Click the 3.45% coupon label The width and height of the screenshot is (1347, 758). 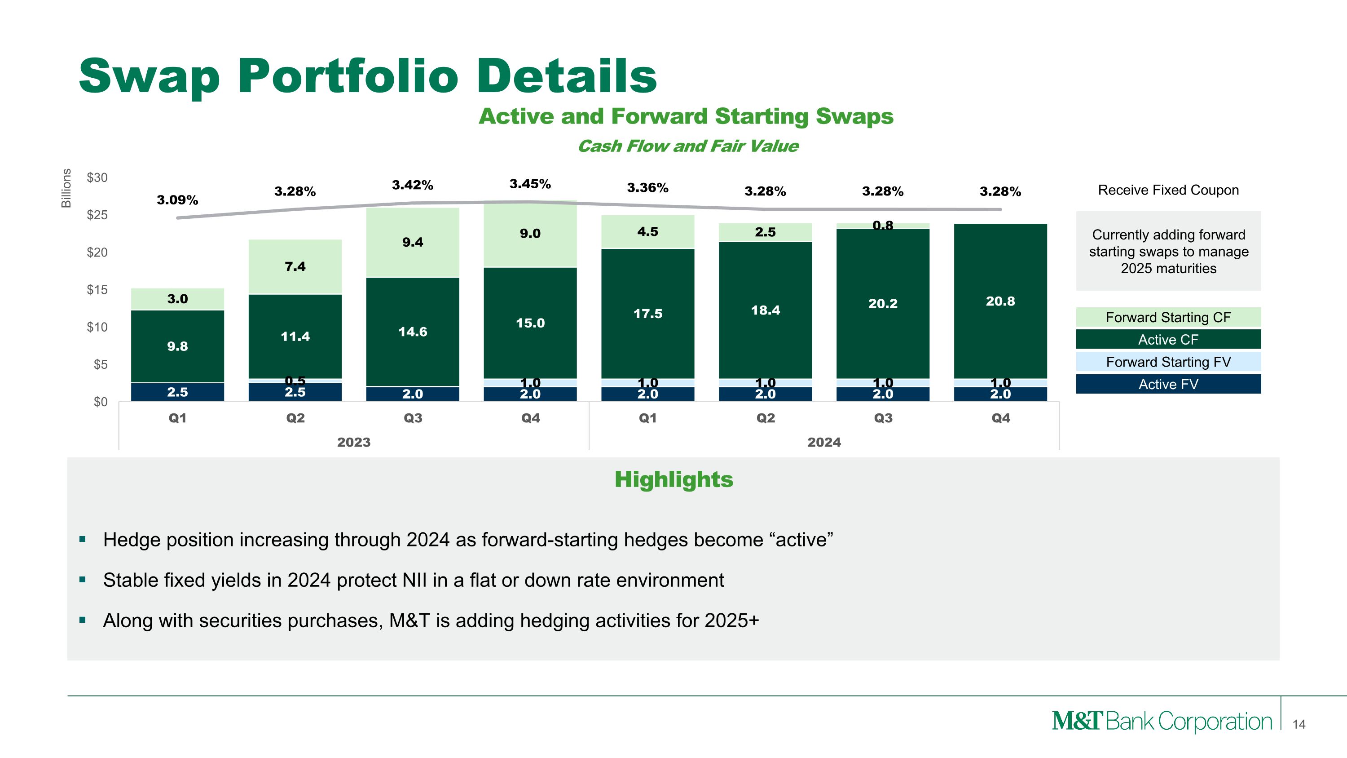pyautogui.click(x=530, y=184)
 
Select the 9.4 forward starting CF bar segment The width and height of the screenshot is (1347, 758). pyautogui.click(x=413, y=242)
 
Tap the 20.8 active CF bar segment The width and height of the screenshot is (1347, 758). pyautogui.click(x=1000, y=301)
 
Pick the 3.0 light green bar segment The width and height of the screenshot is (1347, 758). pyautogui.click(x=177, y=299)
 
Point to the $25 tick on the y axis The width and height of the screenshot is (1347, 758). pyautogui.click(x=97, y=215)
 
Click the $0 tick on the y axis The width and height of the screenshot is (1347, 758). pyautogui.click(x=101, y=402)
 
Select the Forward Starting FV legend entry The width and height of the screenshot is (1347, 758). pyautogui.click(x=1168, y=362)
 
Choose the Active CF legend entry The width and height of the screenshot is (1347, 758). pyautogui.click(x=1168, y=340)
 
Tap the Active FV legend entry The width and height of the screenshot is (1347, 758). pyautogui.click(x=1168, y=385)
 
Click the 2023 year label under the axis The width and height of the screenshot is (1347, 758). pyautogui.click(x=353, y=443)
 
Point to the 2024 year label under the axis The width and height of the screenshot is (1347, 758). pyautogui.click(x=823, y=443)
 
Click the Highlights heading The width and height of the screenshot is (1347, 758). pyautogui.click(x=673, y=480)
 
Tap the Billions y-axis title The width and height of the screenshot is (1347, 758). pyautogui.click(x=66, y=188)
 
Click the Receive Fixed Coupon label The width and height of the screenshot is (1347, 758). pyautogui.click(x=1168, y=190)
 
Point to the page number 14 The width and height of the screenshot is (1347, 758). pyautogui.click(x=1299, y=724)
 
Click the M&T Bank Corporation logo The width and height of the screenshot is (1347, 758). pyautogui.click(x=1162, y=722)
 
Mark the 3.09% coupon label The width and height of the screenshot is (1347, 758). pyautogui.click(x=177, y=200)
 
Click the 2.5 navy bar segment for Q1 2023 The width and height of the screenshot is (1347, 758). pyautogui.click(x=177, y=392)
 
